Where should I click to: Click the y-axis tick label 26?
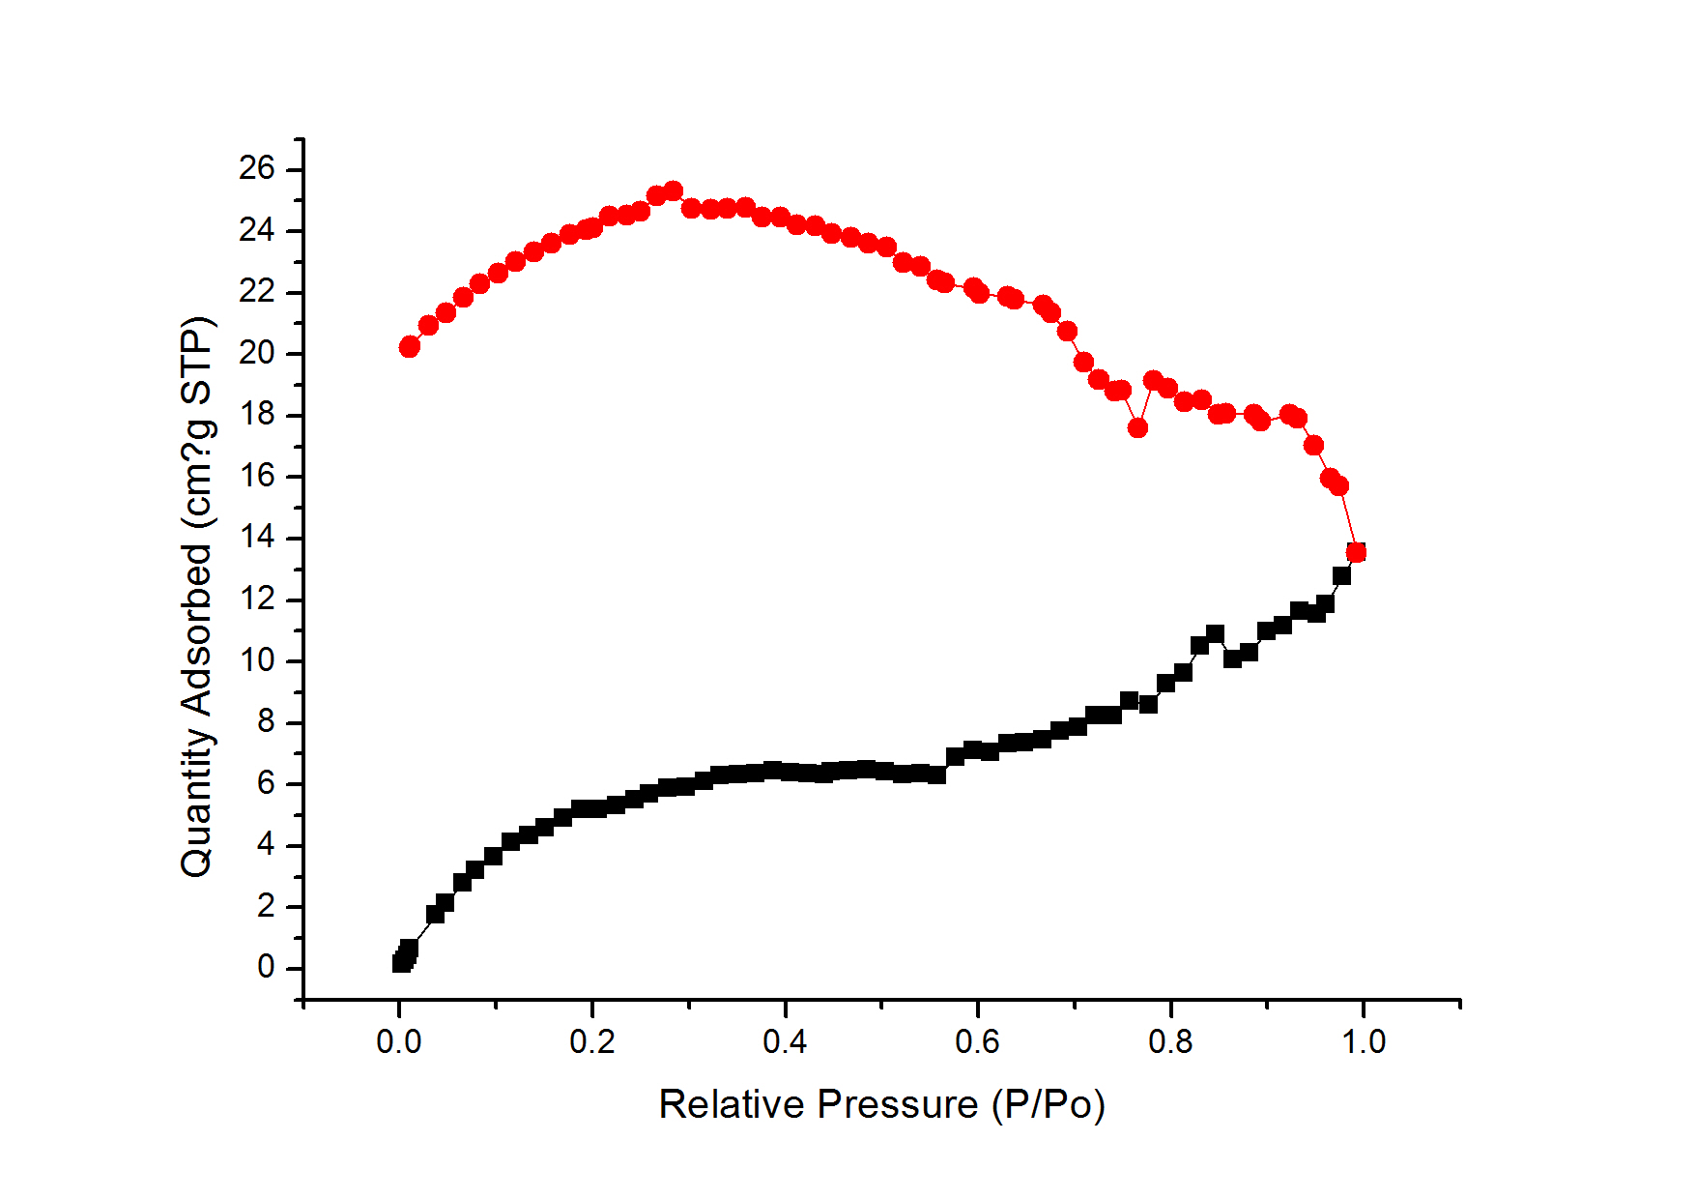point(257,169)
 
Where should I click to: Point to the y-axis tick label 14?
point(257,538)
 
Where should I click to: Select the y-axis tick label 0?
point(266,968)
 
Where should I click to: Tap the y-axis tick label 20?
point(257,353)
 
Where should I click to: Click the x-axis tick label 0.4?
point(785,1042)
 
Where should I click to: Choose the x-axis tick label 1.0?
point(1364,1042)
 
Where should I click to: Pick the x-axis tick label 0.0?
point(399,1042)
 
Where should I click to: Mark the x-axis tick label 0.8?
point(1170,1042)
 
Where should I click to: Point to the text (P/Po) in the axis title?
point(1049,1105)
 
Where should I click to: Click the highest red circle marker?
point(673,190)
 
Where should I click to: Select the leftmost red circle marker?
point(410,346)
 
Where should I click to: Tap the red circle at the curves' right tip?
point(1356,552)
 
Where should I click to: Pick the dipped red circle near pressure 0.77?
point(1137,427)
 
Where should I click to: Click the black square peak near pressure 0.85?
point(1215,634)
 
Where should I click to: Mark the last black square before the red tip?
point(1341,575)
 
